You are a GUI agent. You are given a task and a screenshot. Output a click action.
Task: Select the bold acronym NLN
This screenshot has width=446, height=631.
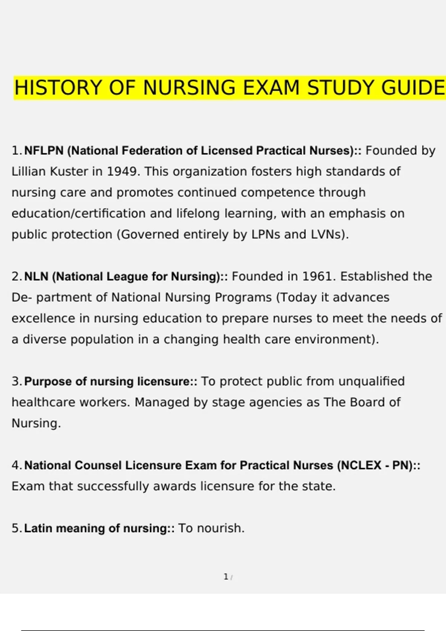coord(36,277)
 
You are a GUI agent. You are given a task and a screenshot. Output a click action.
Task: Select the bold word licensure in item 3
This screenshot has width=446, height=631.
coord(165,382)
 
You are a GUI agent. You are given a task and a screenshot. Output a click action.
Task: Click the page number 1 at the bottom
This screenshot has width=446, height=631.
coord(226,577)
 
